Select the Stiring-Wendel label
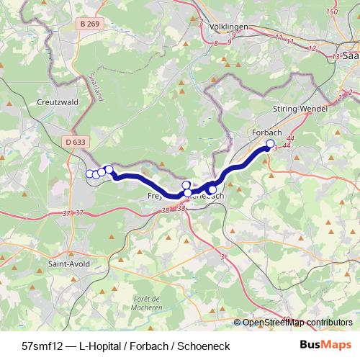(300, 109)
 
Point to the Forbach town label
(266, 132)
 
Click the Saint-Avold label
(68, 264)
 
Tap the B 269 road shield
(91, 24)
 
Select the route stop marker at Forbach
(271, 143)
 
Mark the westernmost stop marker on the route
(90, 174)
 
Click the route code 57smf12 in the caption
(44, 346)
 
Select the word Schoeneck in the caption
(205, 346)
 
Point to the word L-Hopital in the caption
(101, 346)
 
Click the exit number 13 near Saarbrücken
(336, 55)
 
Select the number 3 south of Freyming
(222, 256)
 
